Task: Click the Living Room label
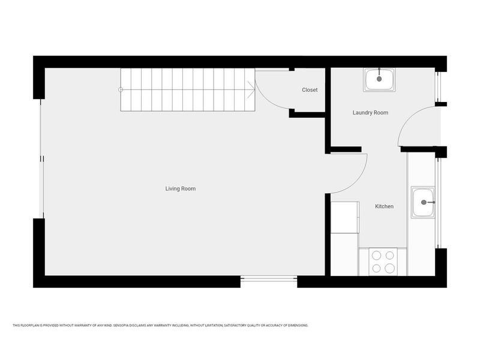(181, 189)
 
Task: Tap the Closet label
(310, 90)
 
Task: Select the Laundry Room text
(370, 113)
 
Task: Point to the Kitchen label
(384, 206)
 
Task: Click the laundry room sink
(379, 79)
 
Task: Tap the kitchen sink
(424, 202)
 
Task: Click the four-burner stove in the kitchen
(383, 262)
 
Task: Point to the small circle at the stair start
(121, 90)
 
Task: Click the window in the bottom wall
(269, 278)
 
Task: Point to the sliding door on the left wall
(41, 158)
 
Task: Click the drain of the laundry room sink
(379, 78)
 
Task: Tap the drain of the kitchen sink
(425, 202)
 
